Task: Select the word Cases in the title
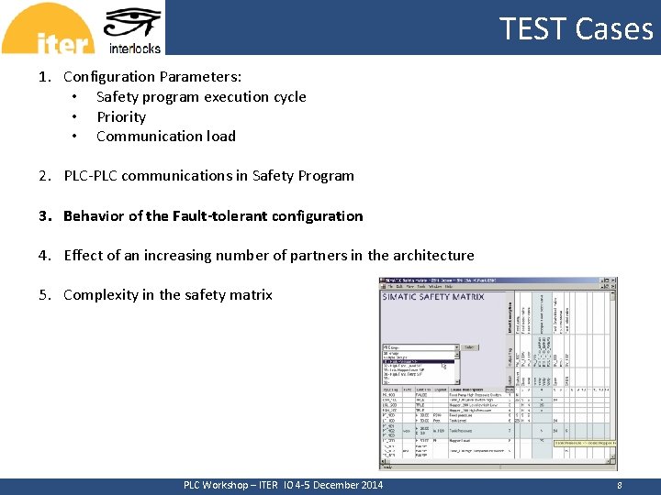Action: pyautogui.click(x=615, y=28)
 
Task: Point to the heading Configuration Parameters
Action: pyautogui.click(x=152, y=77)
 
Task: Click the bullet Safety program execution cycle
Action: pyautogui.click(x=201, y=97)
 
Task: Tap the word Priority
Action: pyautogui.click(x=121, y=117)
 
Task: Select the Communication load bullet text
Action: pyautogui.click(x=166, y=137)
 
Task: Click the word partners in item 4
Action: pyautogui.click(x=306, y=256)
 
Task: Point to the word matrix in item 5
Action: pyautogui.click(x=252, y=295)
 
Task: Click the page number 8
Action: pyautogui.click(x=621, y=485)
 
